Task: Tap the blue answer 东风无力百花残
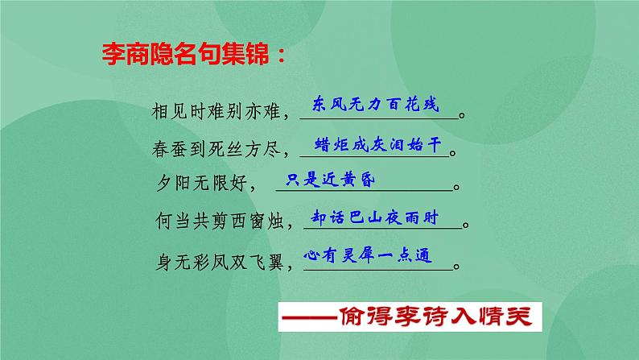pos(375,105)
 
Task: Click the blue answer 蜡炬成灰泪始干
pos(377,144)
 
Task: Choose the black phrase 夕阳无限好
pos(202,183)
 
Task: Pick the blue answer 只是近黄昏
pos(330,180)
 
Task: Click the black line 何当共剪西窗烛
pos(220,221)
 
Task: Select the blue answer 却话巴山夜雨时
pos(374,217)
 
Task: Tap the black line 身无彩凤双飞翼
pos(220,262)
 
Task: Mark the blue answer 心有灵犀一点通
pos(368,255)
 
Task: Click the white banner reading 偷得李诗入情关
pos(410,317)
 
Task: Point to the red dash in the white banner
pos(310,317)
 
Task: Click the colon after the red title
pos(281,56)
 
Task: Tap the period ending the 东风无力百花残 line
pos(462,115)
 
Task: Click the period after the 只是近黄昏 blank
pos(456,188)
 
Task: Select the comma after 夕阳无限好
pos(253,188)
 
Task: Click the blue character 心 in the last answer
pos(311,255)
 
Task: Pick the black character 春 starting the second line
pos(160,149)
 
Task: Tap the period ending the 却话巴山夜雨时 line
pos(466,225)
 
